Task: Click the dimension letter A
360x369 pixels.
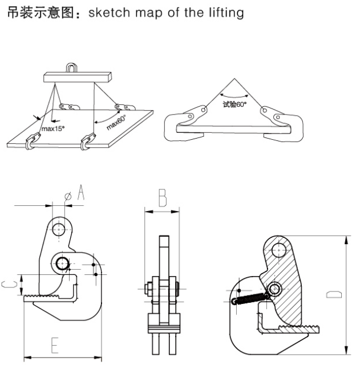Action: click(80, 195)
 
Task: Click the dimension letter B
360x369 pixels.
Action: click(163, 198)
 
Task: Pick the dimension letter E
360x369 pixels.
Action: click(55, 346)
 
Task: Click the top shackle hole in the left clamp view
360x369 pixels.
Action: click(58, 228)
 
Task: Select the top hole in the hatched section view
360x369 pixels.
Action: click(280, 249)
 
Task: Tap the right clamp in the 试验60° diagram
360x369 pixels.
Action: click(278, 114)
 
